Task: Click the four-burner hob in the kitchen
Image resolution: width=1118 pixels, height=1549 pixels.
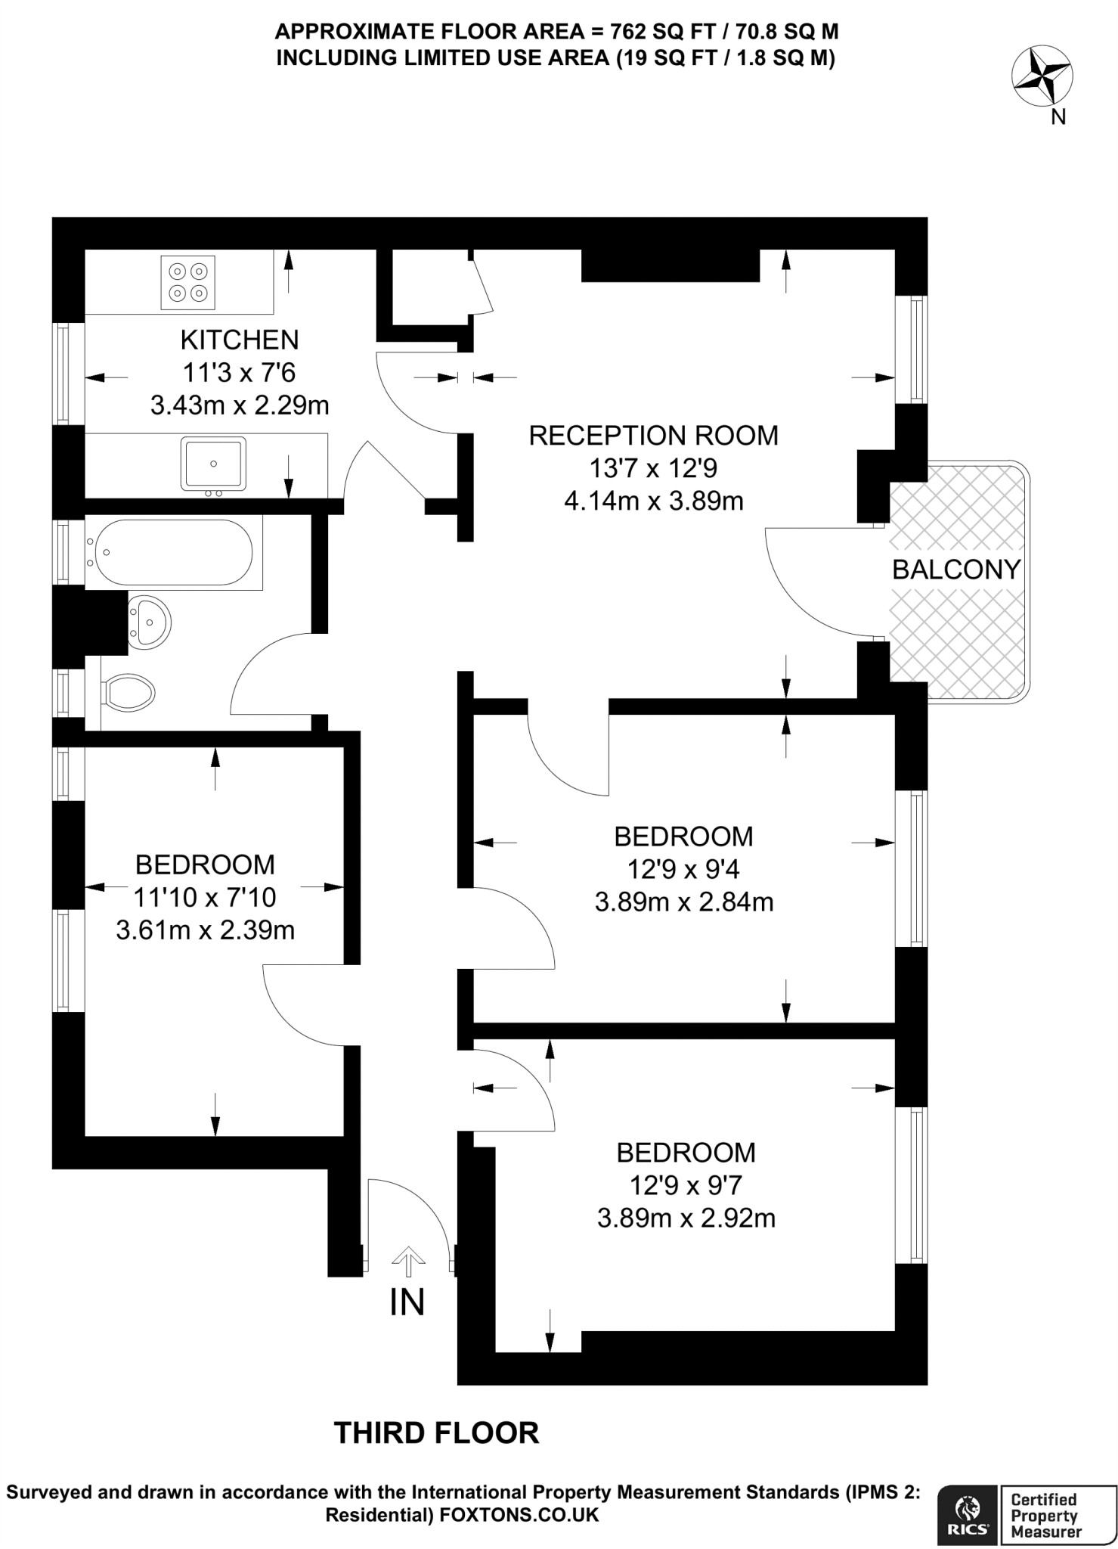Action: click(x=188, y=282)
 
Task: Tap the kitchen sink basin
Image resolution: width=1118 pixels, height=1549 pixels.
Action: click(x=213, y=463)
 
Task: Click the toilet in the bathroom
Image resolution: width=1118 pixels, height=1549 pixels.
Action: click(x=129, y=691)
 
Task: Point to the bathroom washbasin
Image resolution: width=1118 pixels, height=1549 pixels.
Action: click(x=149, y=622)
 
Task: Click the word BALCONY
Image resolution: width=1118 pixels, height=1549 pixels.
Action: click(x=956, y=570)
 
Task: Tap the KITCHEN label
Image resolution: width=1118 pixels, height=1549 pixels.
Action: click(x=240, y=340)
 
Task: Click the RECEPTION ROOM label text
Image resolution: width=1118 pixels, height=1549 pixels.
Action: click(x=653, y=436)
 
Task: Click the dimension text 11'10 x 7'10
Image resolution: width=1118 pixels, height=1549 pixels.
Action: click(x=205, y=897)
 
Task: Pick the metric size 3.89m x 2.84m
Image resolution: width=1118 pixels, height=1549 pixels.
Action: click(x=684, y=902)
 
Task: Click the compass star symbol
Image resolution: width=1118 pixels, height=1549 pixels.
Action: click(x=1042, y=76)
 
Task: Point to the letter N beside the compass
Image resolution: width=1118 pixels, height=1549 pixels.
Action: click(x=1058, y=117)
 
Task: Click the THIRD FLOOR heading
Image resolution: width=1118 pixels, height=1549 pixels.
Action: click(x=437, y=1433)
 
